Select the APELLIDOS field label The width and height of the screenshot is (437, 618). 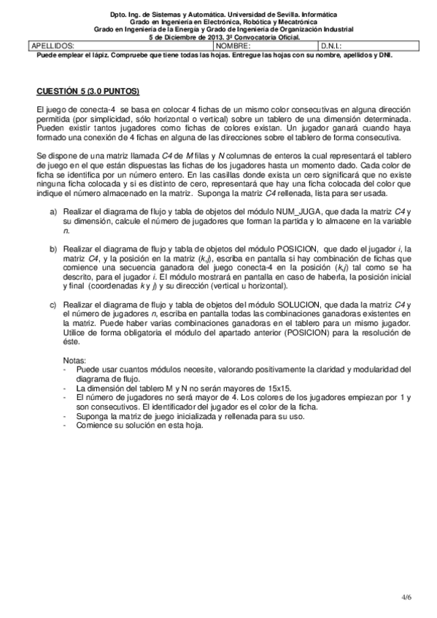click(x=53, y=46)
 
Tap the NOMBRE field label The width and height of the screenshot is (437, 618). click(x=233, y=46)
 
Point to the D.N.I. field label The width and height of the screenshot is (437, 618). click(x=333, y=46)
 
